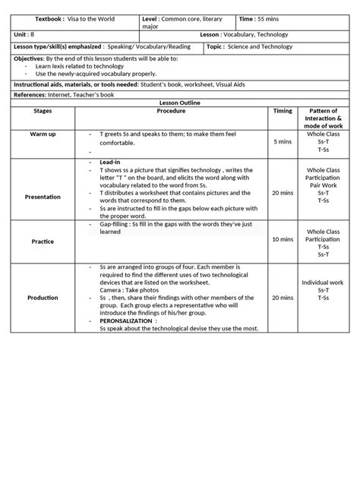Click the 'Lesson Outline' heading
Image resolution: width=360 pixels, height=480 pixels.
click(x=180, y=101)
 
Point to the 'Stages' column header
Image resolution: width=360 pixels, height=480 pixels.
click(x=43, y=110)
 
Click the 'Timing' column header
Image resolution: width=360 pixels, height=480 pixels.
click(x=283, y=110)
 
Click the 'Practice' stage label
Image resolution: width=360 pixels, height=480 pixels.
click(x=43, y=243)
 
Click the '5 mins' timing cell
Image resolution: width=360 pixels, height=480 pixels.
click(x=283, y=141)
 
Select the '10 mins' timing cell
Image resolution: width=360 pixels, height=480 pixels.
click(x=283, y=238)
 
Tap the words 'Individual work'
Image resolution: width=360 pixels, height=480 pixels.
click(x=322, y=282)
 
